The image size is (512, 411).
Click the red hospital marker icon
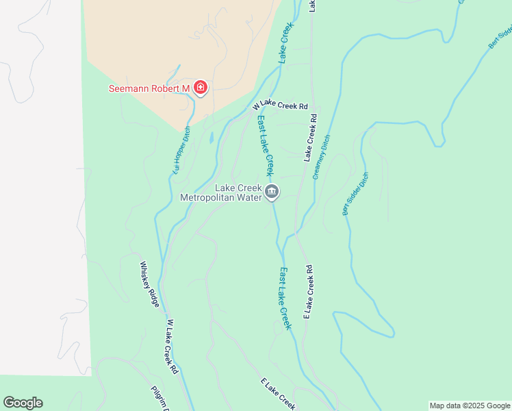201,88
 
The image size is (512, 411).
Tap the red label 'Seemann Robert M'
149,89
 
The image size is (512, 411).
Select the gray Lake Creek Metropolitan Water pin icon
272,192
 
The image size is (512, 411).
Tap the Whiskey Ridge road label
150,284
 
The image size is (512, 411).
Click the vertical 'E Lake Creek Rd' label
309,292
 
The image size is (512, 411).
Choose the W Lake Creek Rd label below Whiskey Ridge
172,346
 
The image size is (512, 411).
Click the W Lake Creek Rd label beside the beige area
281,106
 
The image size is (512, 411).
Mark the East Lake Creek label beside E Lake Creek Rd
285,298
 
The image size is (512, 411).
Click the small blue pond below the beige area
212,137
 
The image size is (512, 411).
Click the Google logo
23,403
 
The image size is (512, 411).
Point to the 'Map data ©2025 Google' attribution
470,406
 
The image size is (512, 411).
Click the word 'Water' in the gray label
250,198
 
